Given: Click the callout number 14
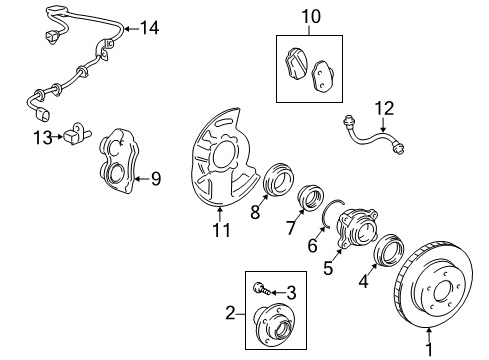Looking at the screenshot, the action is click(149, 28).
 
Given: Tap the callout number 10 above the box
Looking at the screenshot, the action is click(311, 16).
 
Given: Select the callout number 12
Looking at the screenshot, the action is click(384, 108).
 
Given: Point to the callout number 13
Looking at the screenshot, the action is click(43, 137).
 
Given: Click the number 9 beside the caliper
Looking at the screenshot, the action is click(156, 179).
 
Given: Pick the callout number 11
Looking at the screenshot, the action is click(222, 230).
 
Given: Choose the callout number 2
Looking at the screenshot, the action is click(230, 313).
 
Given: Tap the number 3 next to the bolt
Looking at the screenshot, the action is click(291, 293).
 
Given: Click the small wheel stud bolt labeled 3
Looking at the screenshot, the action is click(261, 289).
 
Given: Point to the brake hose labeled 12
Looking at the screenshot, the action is click(373, 136).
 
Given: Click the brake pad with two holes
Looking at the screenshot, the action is click(322, 75).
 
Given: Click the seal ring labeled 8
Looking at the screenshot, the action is click(278, 179).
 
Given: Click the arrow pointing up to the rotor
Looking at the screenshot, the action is click(429, 335).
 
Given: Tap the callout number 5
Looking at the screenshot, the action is click(328, 268).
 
